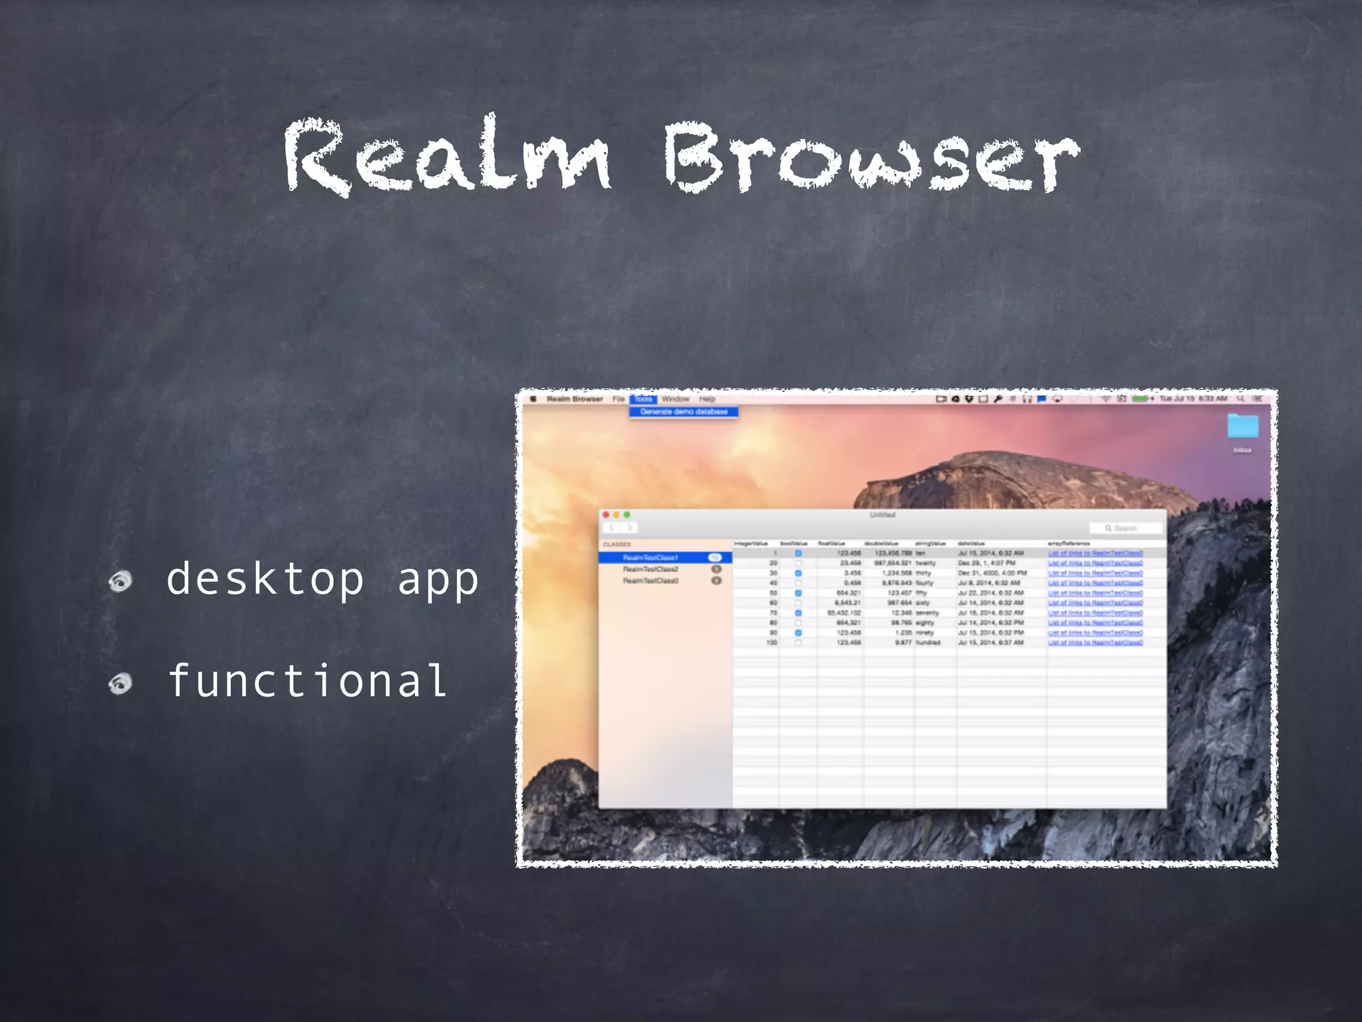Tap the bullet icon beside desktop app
[120, 581]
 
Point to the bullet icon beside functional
[120, 683]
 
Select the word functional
[307, 681]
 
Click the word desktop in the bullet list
[265, 578]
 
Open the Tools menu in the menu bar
[643, 399]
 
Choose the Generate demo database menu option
[684, 412]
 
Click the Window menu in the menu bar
[676, 399]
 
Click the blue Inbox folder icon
[1242, 426]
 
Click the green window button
[626, 514]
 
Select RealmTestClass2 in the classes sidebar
[650, 569]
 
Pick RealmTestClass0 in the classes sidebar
[650, 581]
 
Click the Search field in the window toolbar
[1126, 528]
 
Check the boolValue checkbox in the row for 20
[798, 563]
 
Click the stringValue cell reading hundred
[928, 643]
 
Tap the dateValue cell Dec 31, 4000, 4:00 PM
[992, 573]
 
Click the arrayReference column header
[1069, 544]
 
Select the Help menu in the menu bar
[707, 399]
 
